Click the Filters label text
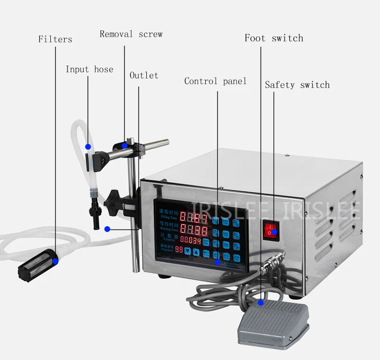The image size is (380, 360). pyautogui.click(x=55, y=39)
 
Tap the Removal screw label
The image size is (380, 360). pyautogui.click(x=131, y=34)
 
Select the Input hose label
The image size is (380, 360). pyautogui.click(x=89, y=69)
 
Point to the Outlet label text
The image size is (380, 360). pyautogui.click(x=144, y=76)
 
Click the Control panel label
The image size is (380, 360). pyautogui.click(x=215, y=81)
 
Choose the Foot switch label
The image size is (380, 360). pyautogui.click(x=274, y=38)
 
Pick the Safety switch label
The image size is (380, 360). pyautogui.click(x=297, y=85)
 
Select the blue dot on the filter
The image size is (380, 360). pyautogui.click(x=56, y=261)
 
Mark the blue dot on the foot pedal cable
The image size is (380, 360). pyautogui.click(x=261, y=302)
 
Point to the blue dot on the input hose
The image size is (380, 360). pyautogui.click(x=87, y=146)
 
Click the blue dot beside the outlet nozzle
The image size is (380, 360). pyautogui.click(x=107, y=229)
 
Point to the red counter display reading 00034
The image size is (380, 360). pyautogui.click(x=190, y=240)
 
